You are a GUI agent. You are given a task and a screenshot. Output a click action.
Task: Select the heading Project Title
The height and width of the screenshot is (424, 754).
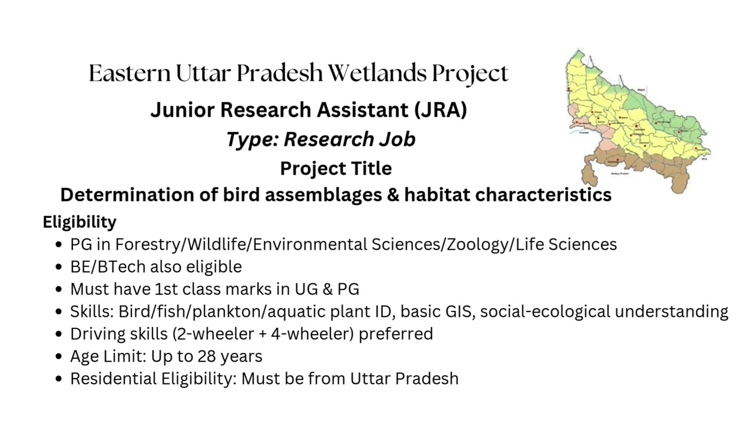click(x=336, y=168)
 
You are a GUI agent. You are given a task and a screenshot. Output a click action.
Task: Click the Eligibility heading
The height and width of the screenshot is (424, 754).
click(x=80, y=222)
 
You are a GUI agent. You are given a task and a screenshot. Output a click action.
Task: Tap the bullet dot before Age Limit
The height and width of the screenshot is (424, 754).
click(x=58, y=357)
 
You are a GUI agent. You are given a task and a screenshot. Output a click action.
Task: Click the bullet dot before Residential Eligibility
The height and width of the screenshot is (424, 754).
click(x=58, y=379)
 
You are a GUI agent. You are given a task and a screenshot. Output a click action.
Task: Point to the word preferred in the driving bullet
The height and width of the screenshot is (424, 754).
click(x=396, y=334)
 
